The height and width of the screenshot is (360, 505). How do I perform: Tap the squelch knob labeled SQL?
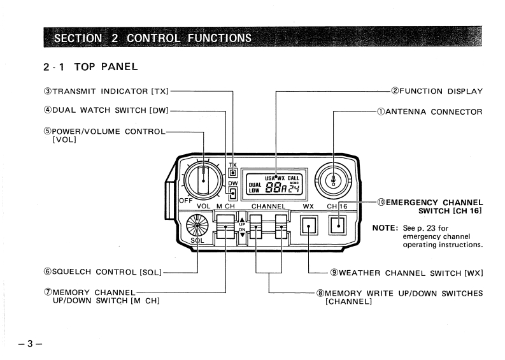point(198,226)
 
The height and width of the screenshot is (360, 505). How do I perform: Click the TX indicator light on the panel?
point(234,172)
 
